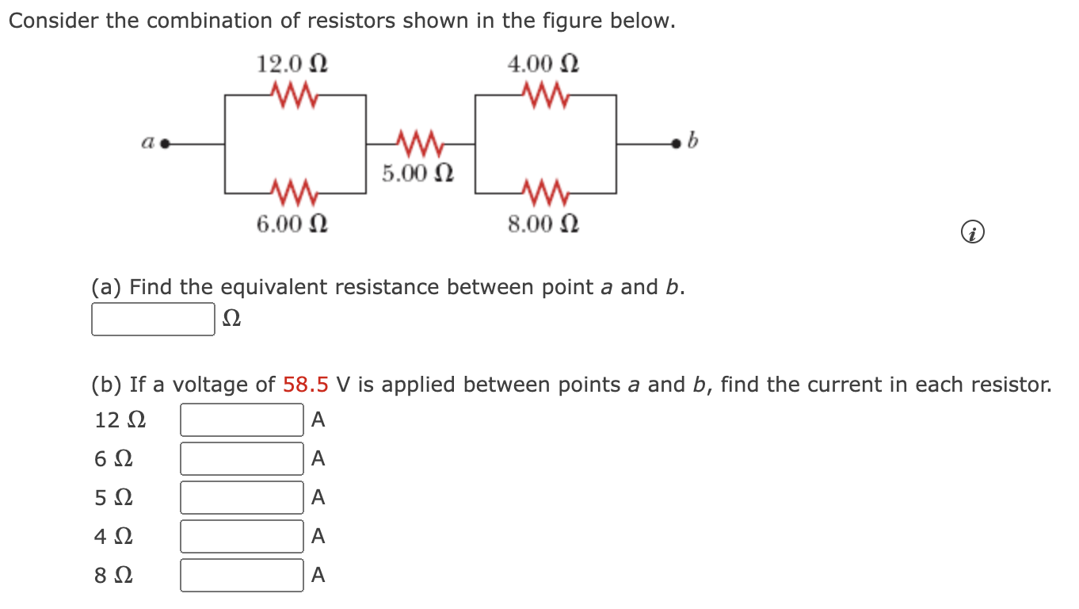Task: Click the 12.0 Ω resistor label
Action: pyautogui.click(x=292, y=63)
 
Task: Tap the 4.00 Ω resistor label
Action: pyautogui.click(x=543, y=63)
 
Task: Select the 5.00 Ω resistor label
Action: pyautogui.click(x=417, y=173)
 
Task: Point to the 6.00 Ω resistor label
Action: pyautogui.click(x=292, y=224)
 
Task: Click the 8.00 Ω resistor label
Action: pyautogui.click(x=543, y=224)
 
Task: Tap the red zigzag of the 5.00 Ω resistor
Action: pyautogui.click(x=420, y=144)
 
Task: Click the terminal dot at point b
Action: pyautogui.click(x=676, y=144)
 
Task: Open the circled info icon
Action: pyautogui.click(x=973, y=233)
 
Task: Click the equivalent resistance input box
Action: pyautogui.click(x=153, y=319)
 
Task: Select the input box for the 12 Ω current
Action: pyautogui.click(x=242, y=420)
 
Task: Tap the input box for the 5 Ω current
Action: pyautogui.click(x=242, y=498)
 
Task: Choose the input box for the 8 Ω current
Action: pyautogui.click(x=242, y=576)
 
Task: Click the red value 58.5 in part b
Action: pyautogui.click(x=306, y=385)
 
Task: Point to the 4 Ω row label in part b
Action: pyautogui.click(x=114, y=537)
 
